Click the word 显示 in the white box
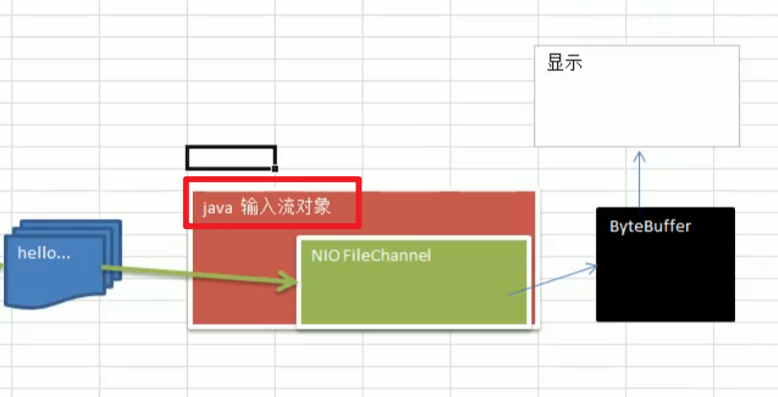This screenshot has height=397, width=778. coord(564,63)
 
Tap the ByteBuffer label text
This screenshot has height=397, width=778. coord(650,226)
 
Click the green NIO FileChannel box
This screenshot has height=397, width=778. coord(412,295)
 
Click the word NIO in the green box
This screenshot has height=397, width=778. coord(325,256)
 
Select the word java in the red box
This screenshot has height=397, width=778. coord(218,208)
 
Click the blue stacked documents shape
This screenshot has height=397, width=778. coord(60,280)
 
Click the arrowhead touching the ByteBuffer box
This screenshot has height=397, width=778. coord(592,268)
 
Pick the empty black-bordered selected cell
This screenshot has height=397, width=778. coord(231,157)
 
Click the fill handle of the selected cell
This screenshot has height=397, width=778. coord(276,168)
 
